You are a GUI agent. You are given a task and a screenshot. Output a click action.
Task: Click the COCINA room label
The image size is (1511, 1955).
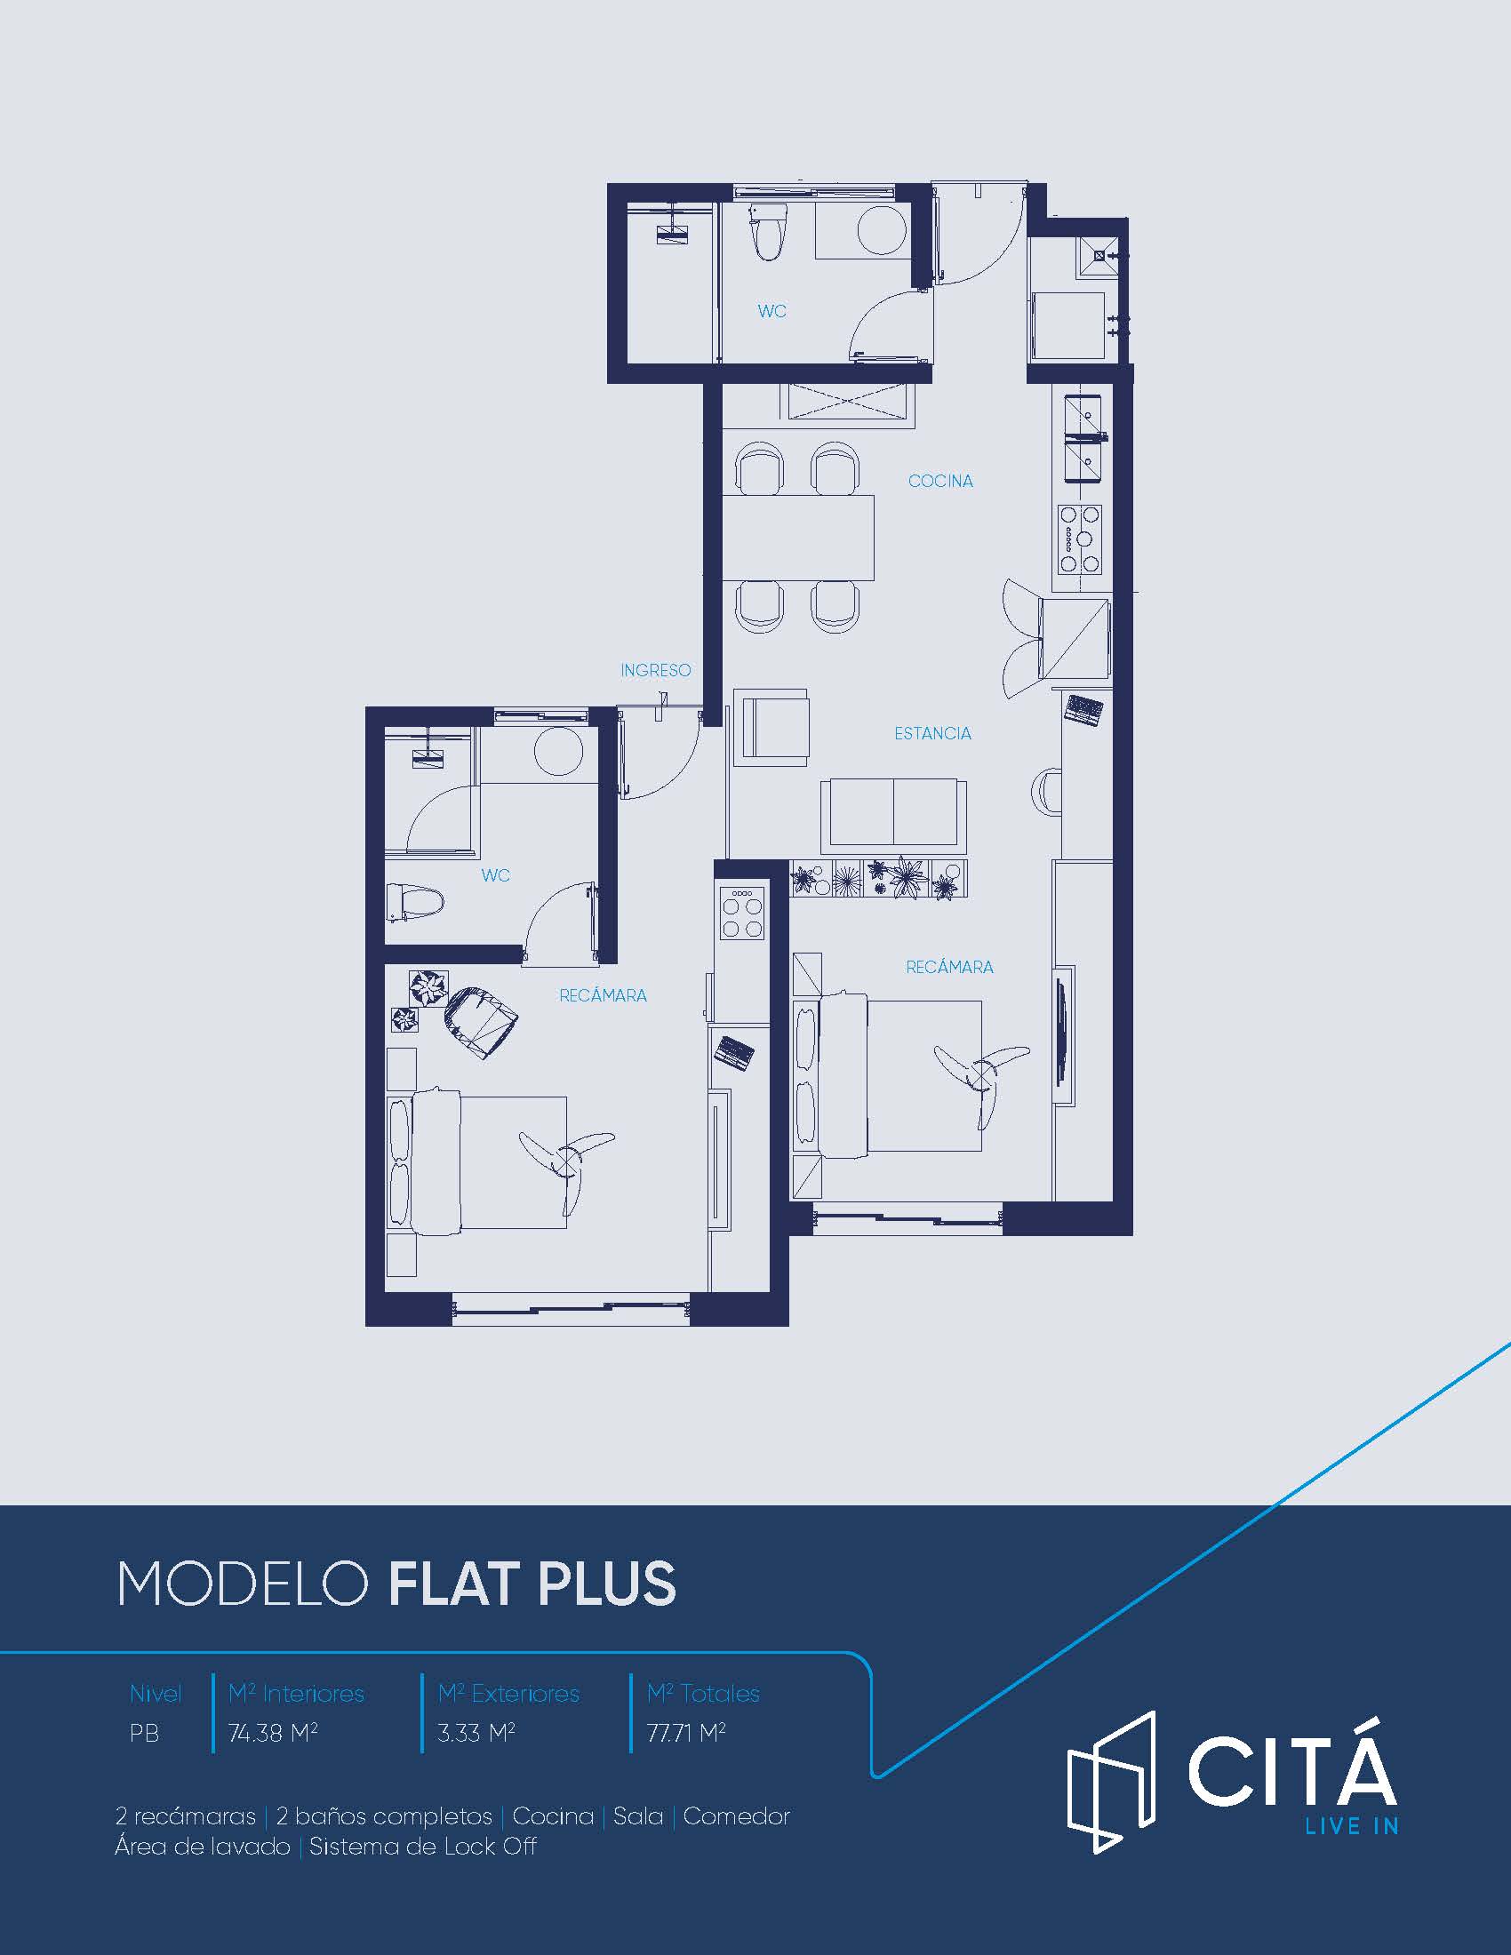tap(939, 481)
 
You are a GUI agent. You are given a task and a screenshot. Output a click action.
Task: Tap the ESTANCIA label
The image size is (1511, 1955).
tap(932, 733)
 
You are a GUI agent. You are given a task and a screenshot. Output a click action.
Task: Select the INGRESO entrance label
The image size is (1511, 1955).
tap(656, 669)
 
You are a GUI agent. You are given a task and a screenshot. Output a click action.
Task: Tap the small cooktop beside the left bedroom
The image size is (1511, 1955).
tap(742, 912)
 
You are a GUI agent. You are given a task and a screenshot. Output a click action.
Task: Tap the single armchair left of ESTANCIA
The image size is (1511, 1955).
tap(771, 727)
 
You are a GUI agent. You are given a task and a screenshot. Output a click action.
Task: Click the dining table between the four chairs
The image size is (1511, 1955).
tap(798, 537)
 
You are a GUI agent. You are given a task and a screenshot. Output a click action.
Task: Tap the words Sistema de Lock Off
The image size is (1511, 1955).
tap(422, 1847)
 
